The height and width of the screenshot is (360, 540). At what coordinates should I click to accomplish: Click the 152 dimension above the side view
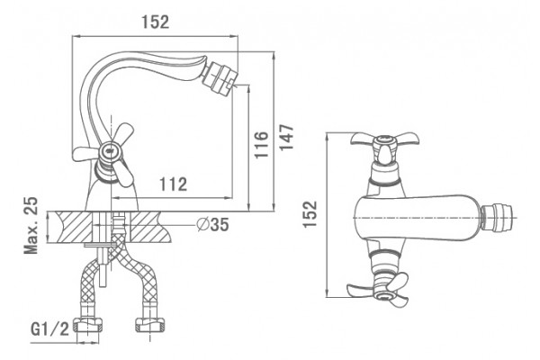(156, 22)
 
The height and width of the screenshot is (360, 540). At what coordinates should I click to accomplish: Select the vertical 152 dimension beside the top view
(310, 214)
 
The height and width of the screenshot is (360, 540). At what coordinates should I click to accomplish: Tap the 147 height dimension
(286, 137)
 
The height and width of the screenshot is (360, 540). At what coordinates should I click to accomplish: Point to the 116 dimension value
(261, 144)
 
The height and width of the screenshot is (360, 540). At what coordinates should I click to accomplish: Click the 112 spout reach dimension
(173, 184)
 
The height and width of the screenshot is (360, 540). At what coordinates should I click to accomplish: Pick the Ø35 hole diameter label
(212, 225)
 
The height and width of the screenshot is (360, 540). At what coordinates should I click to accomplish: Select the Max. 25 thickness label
(31, 225)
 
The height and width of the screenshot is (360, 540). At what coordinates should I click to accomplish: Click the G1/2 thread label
(49, 329)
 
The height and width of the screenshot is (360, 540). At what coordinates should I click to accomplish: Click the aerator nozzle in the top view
(497, 217)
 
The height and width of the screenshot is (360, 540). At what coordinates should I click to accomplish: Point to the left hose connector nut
(90, 325)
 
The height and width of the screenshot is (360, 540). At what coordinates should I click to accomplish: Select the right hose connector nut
(150, 325)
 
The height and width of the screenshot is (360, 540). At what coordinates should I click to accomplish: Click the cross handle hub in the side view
(110, 150)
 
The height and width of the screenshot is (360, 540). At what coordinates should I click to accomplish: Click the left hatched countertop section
(69, 228)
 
